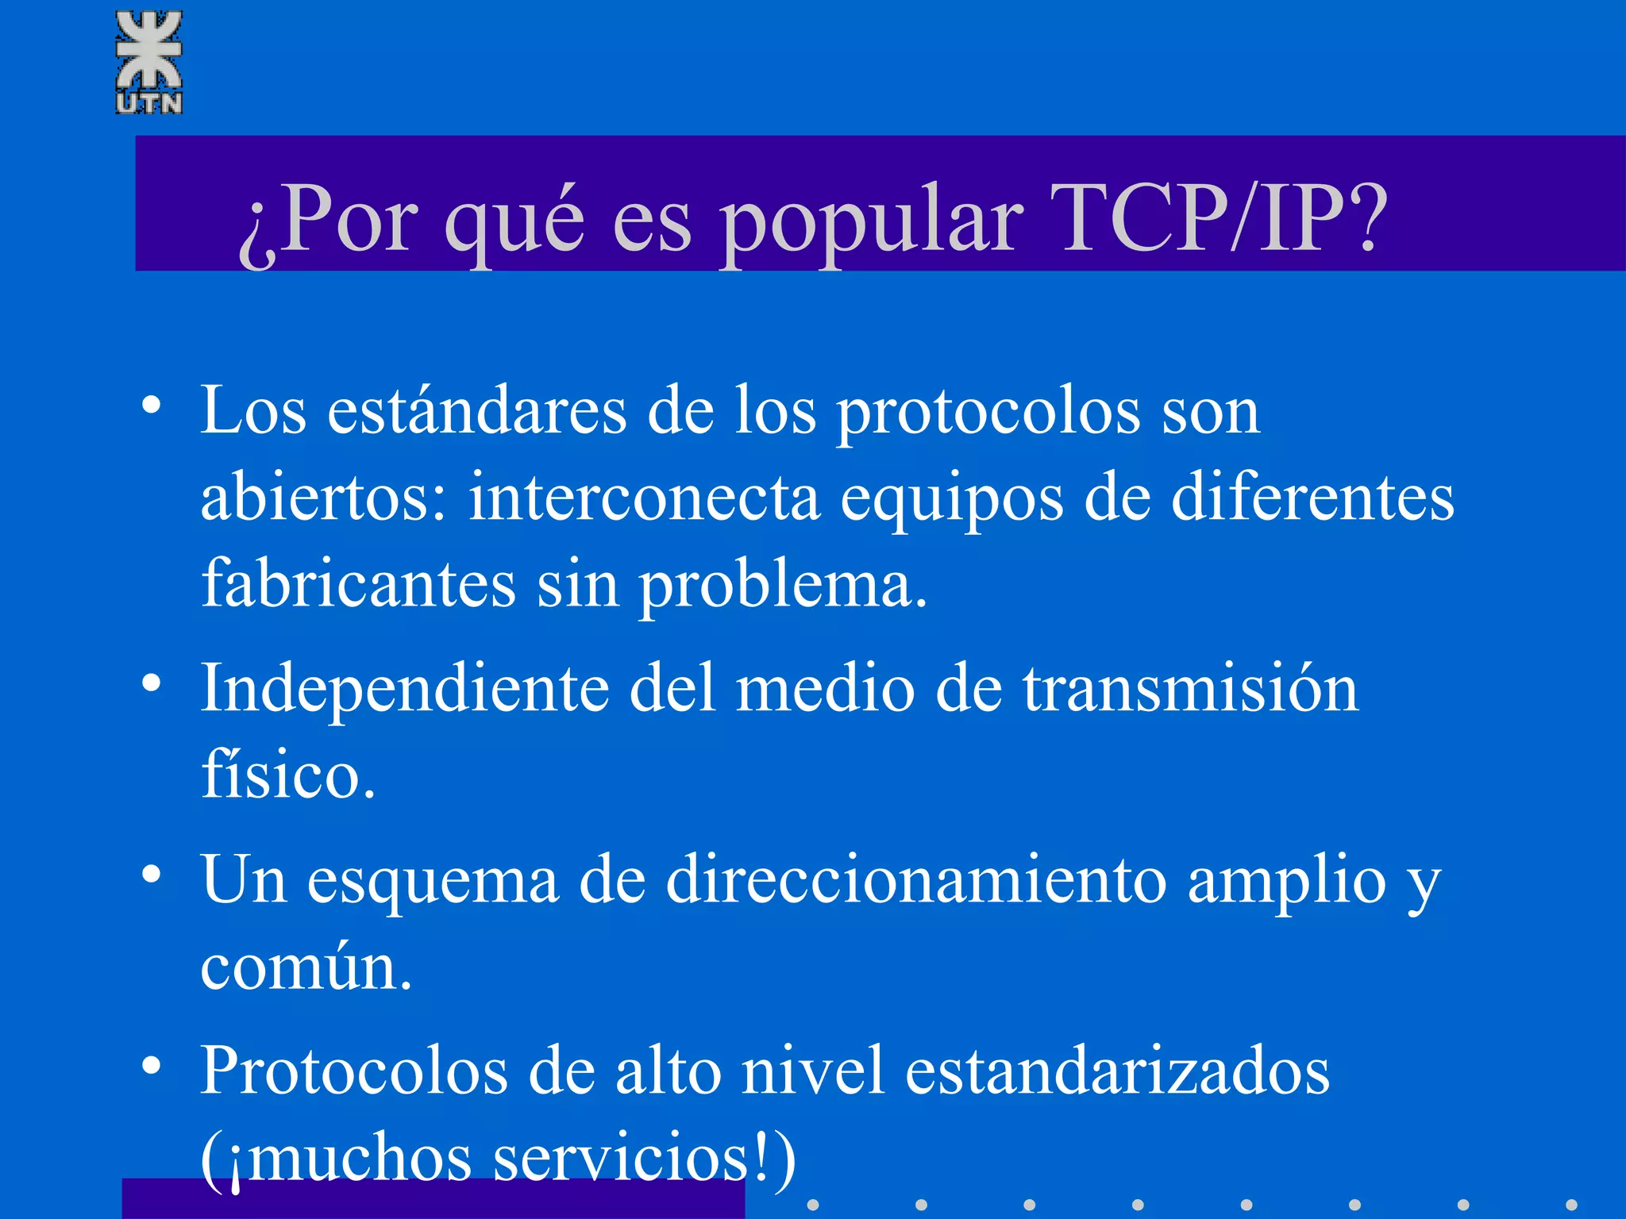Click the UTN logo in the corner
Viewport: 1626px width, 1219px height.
[x=149, y=63]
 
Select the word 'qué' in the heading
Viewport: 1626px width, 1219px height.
[x=514, y=222]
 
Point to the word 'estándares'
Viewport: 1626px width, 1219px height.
[x=477, y=411]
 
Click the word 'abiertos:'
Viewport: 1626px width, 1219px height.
[x=324, y=498]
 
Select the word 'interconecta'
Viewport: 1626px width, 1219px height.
[x=644, y=498]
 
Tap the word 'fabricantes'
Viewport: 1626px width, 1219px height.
[x=359, y=583]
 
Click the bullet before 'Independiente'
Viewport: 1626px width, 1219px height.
[x=152, y=683]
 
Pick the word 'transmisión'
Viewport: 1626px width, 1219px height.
[x=1190, y=689]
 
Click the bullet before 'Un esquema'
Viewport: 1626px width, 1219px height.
[x=152, y=874]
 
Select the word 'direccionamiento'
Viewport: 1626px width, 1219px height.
[x=916, y=880]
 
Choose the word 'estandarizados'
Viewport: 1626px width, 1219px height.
[x=1117, y=1071]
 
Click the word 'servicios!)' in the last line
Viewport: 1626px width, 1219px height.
[x=644, y=1159]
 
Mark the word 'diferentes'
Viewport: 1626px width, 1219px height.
[x=1312, y=498]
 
